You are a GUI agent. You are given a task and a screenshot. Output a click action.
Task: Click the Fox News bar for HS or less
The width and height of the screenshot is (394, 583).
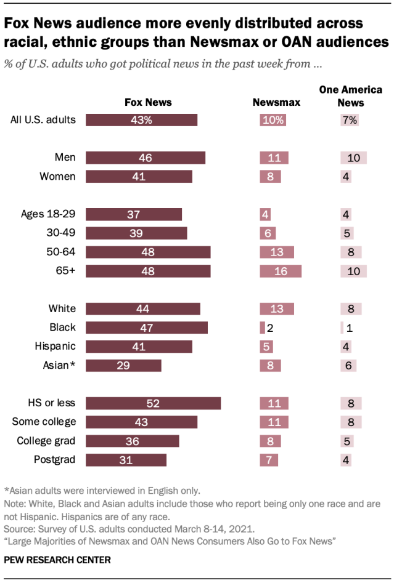click(x=153, y=403)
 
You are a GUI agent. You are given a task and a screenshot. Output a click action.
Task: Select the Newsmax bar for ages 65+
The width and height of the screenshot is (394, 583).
click(x=281, y=271)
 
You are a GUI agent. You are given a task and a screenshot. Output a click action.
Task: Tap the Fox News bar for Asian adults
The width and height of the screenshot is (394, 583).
click(x=123, y=366)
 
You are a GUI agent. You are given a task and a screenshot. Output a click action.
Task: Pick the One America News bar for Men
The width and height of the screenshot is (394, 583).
click(x=353, y=158)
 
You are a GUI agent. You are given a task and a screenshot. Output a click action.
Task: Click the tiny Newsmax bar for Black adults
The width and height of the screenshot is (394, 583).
click(x=263, y=328)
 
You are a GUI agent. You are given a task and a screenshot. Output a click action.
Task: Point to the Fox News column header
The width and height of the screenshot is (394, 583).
click(x=148, y=102)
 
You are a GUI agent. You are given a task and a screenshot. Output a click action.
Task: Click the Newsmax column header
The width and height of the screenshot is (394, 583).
click(x=277, y=102)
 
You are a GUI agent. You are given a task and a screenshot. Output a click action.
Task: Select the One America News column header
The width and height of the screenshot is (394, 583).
click(x=350, y=96)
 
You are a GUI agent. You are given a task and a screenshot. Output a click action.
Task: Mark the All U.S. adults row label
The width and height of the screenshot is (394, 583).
click(x=43, y=120)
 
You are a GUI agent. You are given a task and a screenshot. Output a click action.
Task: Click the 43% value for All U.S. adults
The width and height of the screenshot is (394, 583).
click(x=141, y=120)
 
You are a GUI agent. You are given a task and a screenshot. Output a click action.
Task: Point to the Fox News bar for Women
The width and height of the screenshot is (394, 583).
click(x=139, y=177)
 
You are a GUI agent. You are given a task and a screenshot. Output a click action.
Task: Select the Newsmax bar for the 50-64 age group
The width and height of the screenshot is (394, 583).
click(x=277, y=252)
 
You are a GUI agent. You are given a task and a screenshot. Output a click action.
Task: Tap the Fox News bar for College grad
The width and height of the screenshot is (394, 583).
click(x=133, y=441)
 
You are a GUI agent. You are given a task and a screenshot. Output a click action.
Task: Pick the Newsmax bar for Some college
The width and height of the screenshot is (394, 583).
click(x=274, y=422)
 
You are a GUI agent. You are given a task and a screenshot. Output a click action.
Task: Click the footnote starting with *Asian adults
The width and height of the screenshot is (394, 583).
click(x=102, y=491)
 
